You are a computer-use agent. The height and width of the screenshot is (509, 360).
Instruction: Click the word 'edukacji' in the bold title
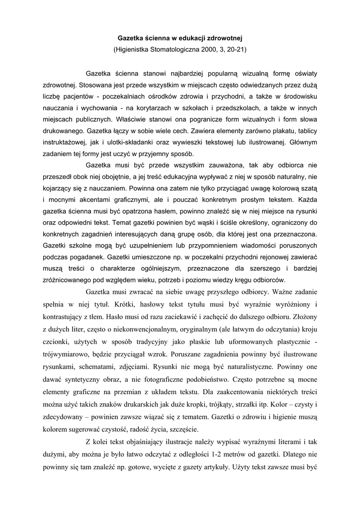(188, 37)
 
